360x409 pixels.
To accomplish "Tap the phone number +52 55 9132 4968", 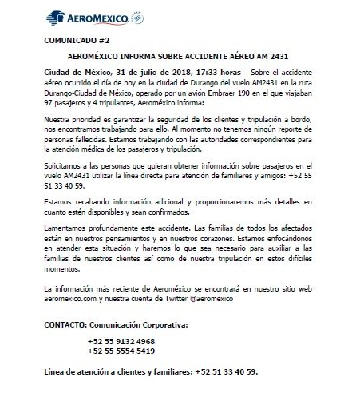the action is pos(122,341).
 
